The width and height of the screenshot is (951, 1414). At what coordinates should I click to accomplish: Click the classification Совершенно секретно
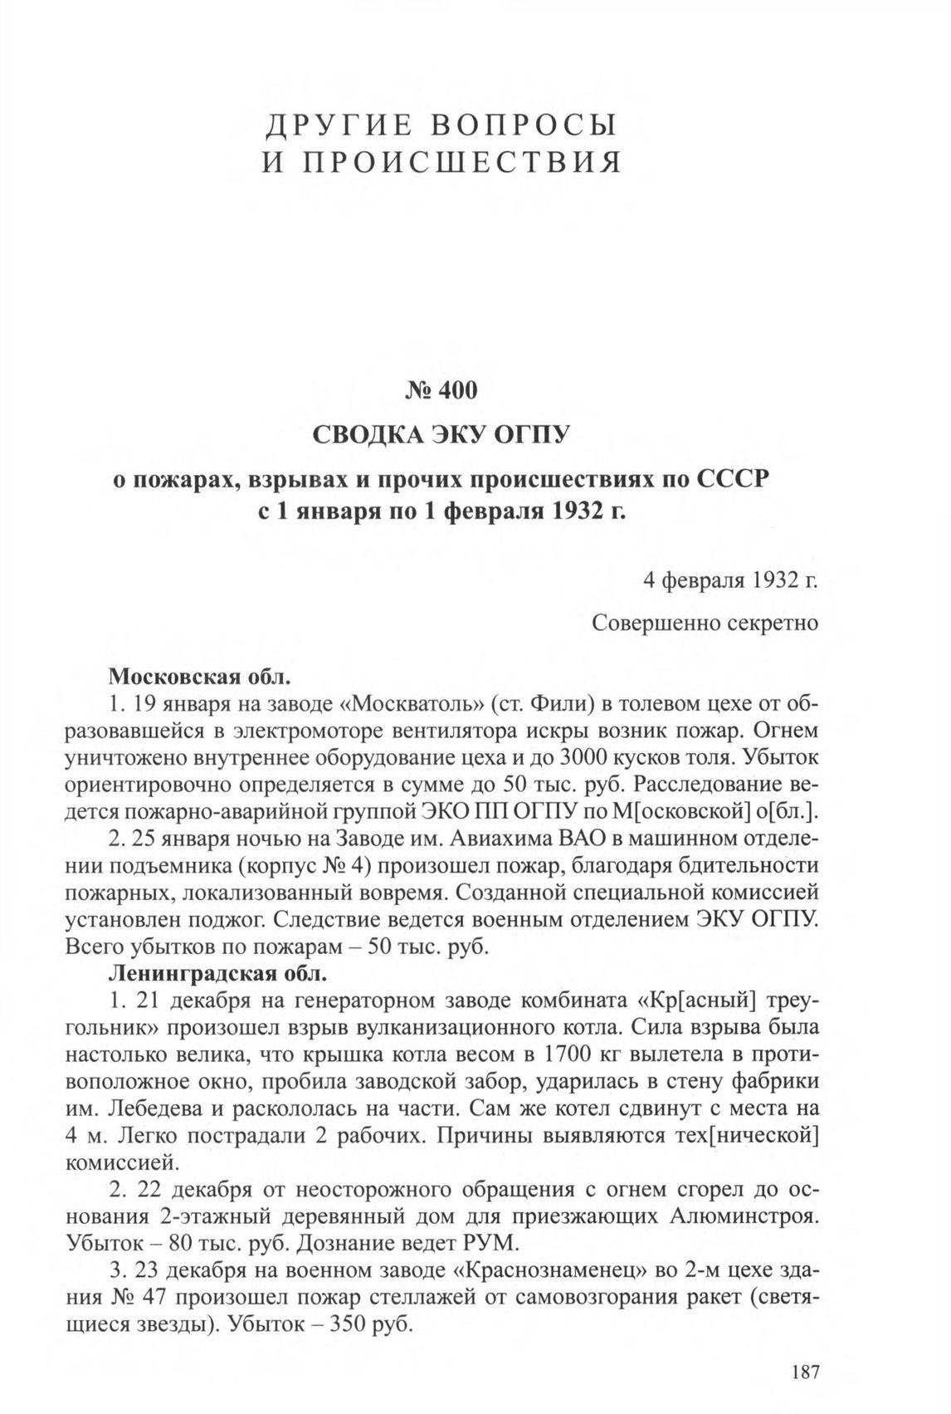pyautogui.click(x=705, y=623)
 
